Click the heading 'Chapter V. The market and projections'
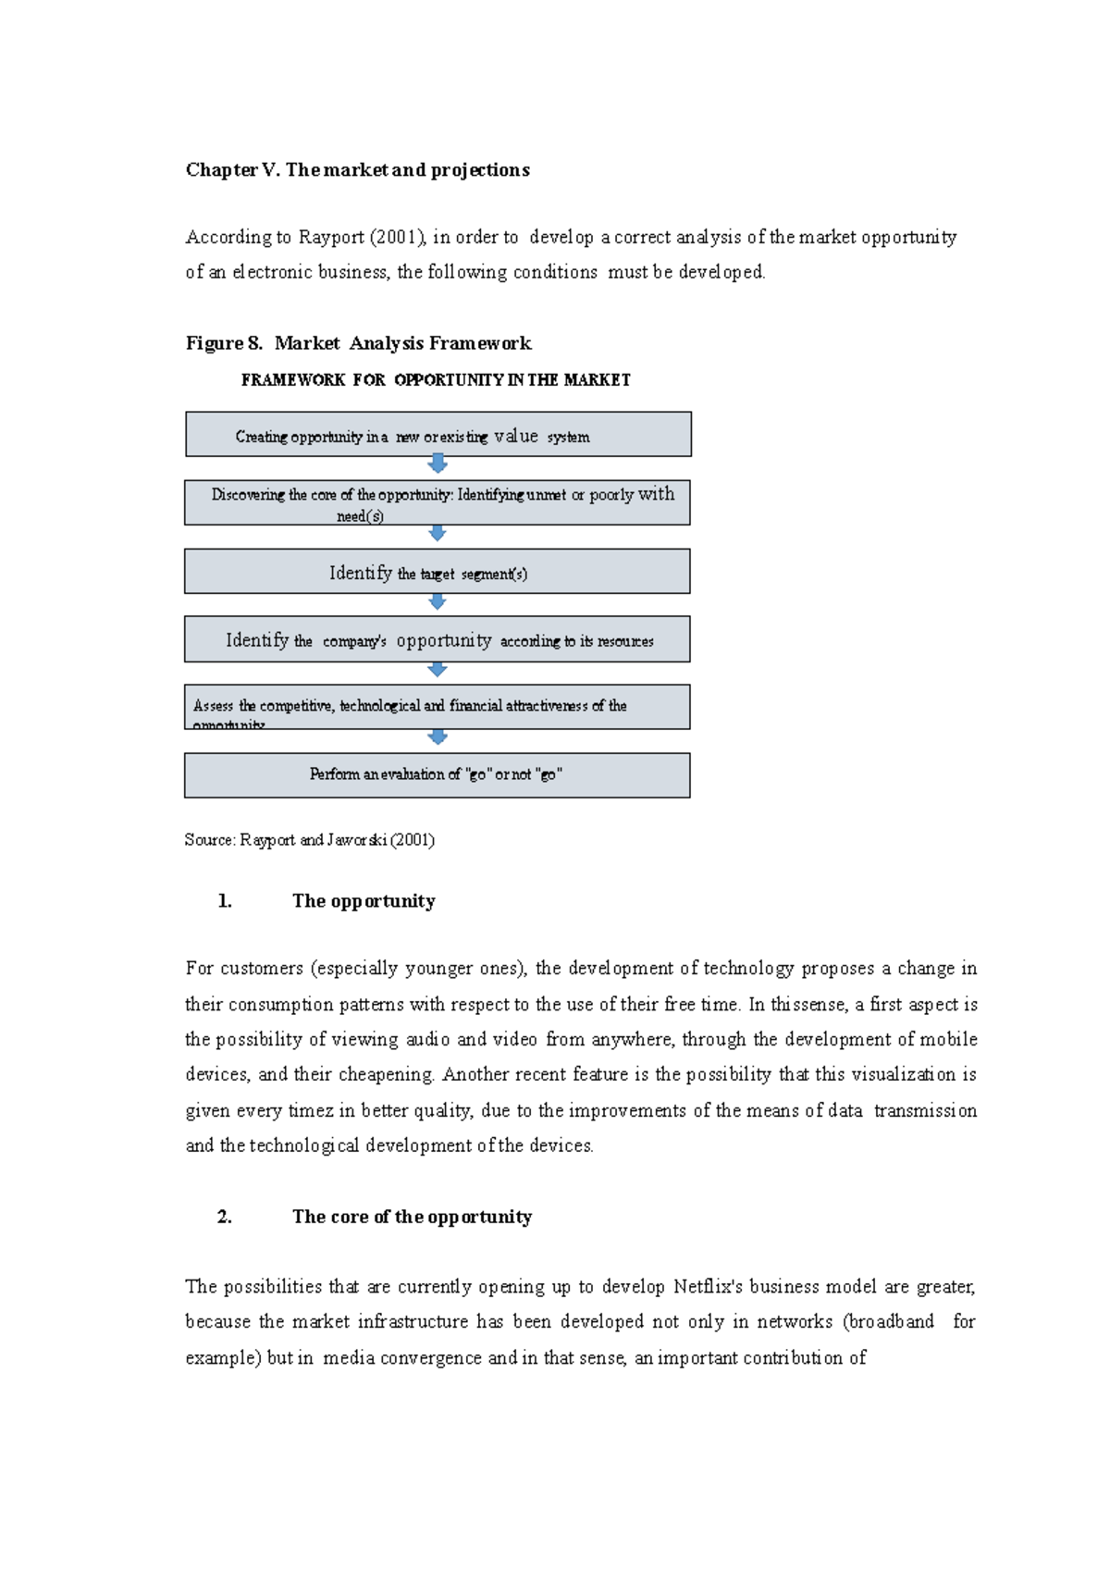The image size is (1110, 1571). click(x=357, y=169)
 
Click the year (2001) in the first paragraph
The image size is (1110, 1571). click(x=398, y=237)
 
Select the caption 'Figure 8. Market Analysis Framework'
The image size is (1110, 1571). click(x=358, y=343)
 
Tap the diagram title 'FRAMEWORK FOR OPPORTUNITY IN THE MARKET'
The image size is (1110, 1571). click(x=436, y=380)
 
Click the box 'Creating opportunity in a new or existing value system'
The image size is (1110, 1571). click(x=438, y=435)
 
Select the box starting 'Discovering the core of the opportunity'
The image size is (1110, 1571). click(x=438, y=502)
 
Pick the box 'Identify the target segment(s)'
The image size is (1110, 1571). click(x=438, y=572)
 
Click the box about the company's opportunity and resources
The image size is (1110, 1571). click(x=438, y=639)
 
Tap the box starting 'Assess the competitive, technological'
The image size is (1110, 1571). click(x=438, y=707)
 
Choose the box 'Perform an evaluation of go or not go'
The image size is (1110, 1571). click(x=438, y=775)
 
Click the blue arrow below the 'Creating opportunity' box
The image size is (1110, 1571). click(x=438, y=464)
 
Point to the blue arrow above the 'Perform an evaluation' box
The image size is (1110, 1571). click(x=438, y=737)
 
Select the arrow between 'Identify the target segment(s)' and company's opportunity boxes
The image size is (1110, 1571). click(x=438, y=602)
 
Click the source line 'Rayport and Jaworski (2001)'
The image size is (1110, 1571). click(x=310, y=840)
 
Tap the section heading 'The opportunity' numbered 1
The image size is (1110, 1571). click(x=364, y=901)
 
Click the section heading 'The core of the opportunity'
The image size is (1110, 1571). click(x=412, y=1217)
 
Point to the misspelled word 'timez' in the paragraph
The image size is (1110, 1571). click(x=310, y=1110)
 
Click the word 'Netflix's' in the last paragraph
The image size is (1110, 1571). click(x=708, y=1287)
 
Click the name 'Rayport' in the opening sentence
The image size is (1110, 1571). click(x=330, y=237)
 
